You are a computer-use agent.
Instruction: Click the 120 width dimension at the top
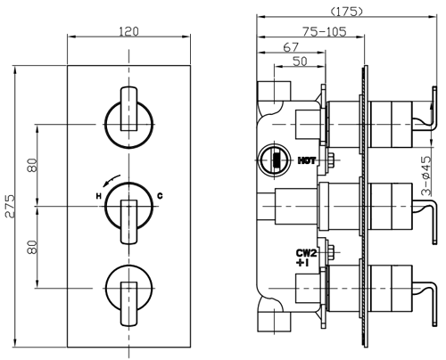point(130,32)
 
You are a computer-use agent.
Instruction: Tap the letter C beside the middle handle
point(160,195)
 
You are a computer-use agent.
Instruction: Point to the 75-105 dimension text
point(324,30)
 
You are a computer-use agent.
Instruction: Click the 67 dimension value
point(291,46)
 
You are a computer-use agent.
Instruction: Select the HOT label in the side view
point(307,161)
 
